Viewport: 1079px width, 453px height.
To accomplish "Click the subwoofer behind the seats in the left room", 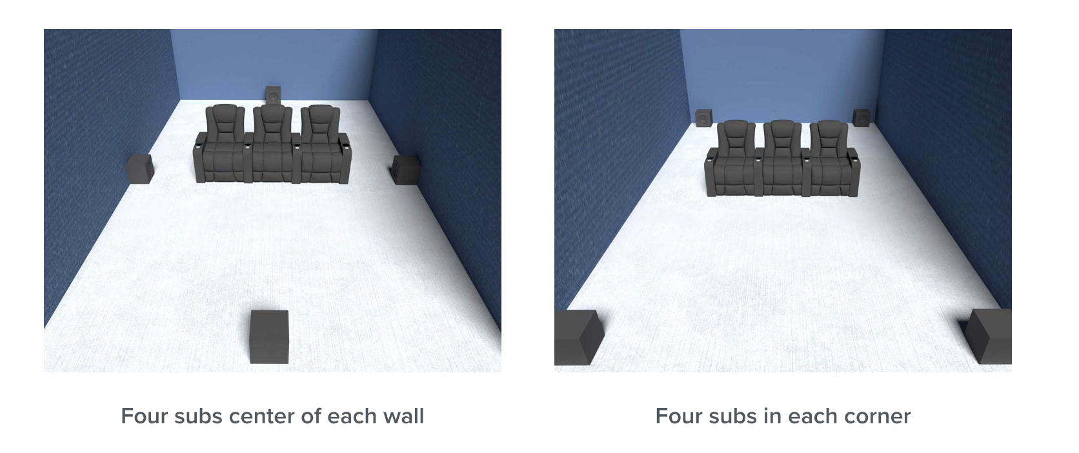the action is tap(273, 95).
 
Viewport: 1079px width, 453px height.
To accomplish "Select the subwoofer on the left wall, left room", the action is tap(139, 168).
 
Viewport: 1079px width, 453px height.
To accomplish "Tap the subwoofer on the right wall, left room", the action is tap(406, 170).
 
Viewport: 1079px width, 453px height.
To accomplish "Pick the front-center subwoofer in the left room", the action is tap(269, 336).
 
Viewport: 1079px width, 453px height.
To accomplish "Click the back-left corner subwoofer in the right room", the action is tap(704, 118).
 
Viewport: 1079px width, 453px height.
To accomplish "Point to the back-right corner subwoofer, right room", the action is tap(862, 117).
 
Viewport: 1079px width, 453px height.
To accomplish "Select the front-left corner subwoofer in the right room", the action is tap(578, 337).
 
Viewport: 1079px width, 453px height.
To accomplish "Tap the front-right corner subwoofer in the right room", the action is tap(989, 336).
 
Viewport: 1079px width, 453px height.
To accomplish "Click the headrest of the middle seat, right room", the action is tap(782, 128).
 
